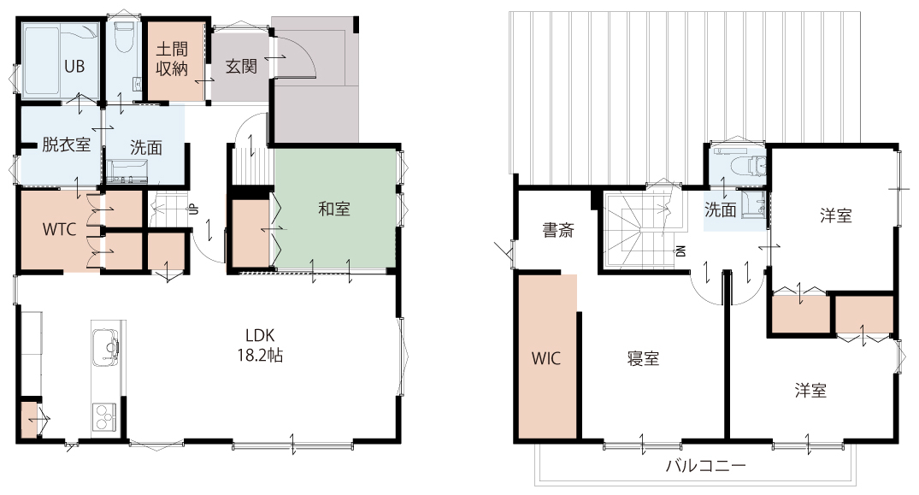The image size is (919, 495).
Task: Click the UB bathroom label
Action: click(x=74, y=67)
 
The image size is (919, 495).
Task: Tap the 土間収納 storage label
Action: click(x=172, y=59)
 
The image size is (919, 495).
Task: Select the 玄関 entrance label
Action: click(x=241, y=66)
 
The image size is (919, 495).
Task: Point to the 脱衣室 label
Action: click(x=66, y=144)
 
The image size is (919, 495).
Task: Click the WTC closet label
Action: click(x=59, y=229)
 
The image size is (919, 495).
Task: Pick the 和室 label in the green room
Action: click(x=334, y=209)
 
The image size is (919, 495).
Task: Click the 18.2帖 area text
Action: click(x=260, y=355)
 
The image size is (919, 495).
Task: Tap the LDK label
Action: click(x=260, y=335)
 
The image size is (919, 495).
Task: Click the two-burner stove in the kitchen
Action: click(x=104, y=416)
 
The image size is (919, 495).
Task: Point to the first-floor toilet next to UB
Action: click(x=124, y=38)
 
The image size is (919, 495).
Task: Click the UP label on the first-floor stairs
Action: click(x=193, y=209)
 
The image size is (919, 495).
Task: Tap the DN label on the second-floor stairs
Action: click(x=681, y=250)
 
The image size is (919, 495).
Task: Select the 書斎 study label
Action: click(x=558, y=230)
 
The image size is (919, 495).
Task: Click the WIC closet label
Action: click(x=546, y=358)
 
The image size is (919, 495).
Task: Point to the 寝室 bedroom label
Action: click(x=644, y=358)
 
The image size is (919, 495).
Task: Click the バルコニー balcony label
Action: click(x=705, y=466)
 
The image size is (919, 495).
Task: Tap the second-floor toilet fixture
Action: click(x=743, y=165)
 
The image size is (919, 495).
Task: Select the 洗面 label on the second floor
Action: click(x=721, y=209)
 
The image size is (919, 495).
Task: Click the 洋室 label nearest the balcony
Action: click(x=811, y=390)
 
